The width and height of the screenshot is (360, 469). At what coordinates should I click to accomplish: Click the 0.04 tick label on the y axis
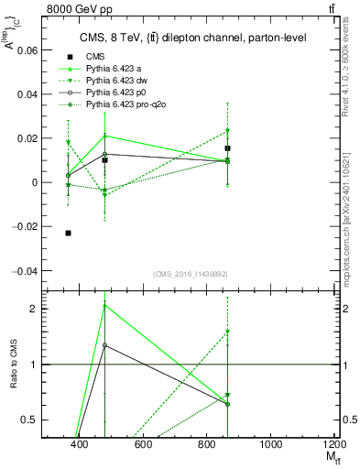pyautogui.click(x=26, y=94)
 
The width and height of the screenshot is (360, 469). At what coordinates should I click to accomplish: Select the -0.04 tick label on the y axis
pyautogui.click(x=24, y=271)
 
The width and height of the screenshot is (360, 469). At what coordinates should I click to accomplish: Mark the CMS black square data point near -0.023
pyautogui.click(x=69, y=234)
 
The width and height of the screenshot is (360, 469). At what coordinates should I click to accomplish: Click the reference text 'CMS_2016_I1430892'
pyautogui.click(x=190, y=274)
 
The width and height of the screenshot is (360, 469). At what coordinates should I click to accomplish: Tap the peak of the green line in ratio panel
pyautogui.click(x=105, y=304)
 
